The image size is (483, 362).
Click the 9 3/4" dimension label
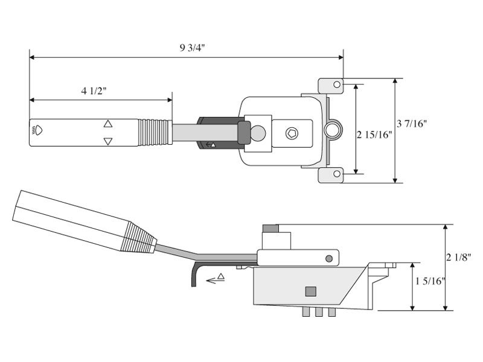(192, 49)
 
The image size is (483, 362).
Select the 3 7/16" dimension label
(412, 124)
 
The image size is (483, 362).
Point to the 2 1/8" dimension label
(459, 257)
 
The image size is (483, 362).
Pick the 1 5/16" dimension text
(430, 281)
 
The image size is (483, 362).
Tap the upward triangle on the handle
(108, 124)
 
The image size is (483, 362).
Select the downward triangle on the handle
(108, 142)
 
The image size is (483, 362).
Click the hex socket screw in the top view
(292, 133)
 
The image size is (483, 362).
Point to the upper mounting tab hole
(337, 85)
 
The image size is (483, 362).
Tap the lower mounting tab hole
(337, 175)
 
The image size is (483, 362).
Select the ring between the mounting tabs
(331, 129)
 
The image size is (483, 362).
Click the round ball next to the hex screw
(258, 133)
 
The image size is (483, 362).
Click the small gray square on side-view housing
(311, 291)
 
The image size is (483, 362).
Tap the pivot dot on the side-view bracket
(329, 259)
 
